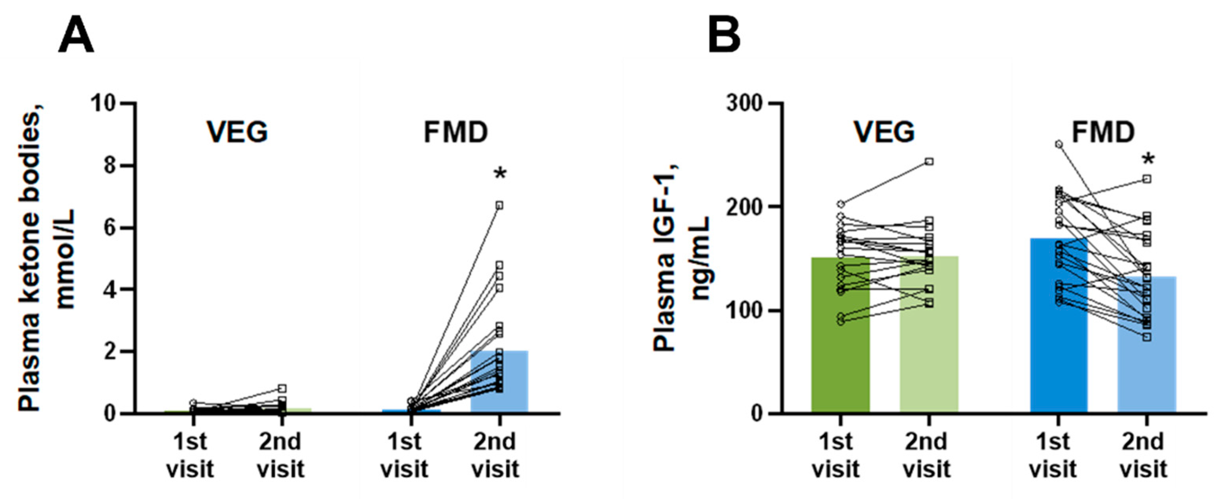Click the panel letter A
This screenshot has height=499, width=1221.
[76, 36]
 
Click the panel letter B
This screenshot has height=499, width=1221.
[724, 36]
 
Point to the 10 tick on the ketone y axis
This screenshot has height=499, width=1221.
[105, 103]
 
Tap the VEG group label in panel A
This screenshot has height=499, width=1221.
[237, 132]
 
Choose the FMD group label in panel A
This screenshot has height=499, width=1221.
[456, 132]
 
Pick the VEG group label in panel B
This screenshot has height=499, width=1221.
[885, 132]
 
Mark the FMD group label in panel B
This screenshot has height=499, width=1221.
[1104, 132]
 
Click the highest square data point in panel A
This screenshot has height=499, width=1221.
[499, 205]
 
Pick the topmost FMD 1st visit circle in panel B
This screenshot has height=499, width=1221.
[1059, 144]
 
